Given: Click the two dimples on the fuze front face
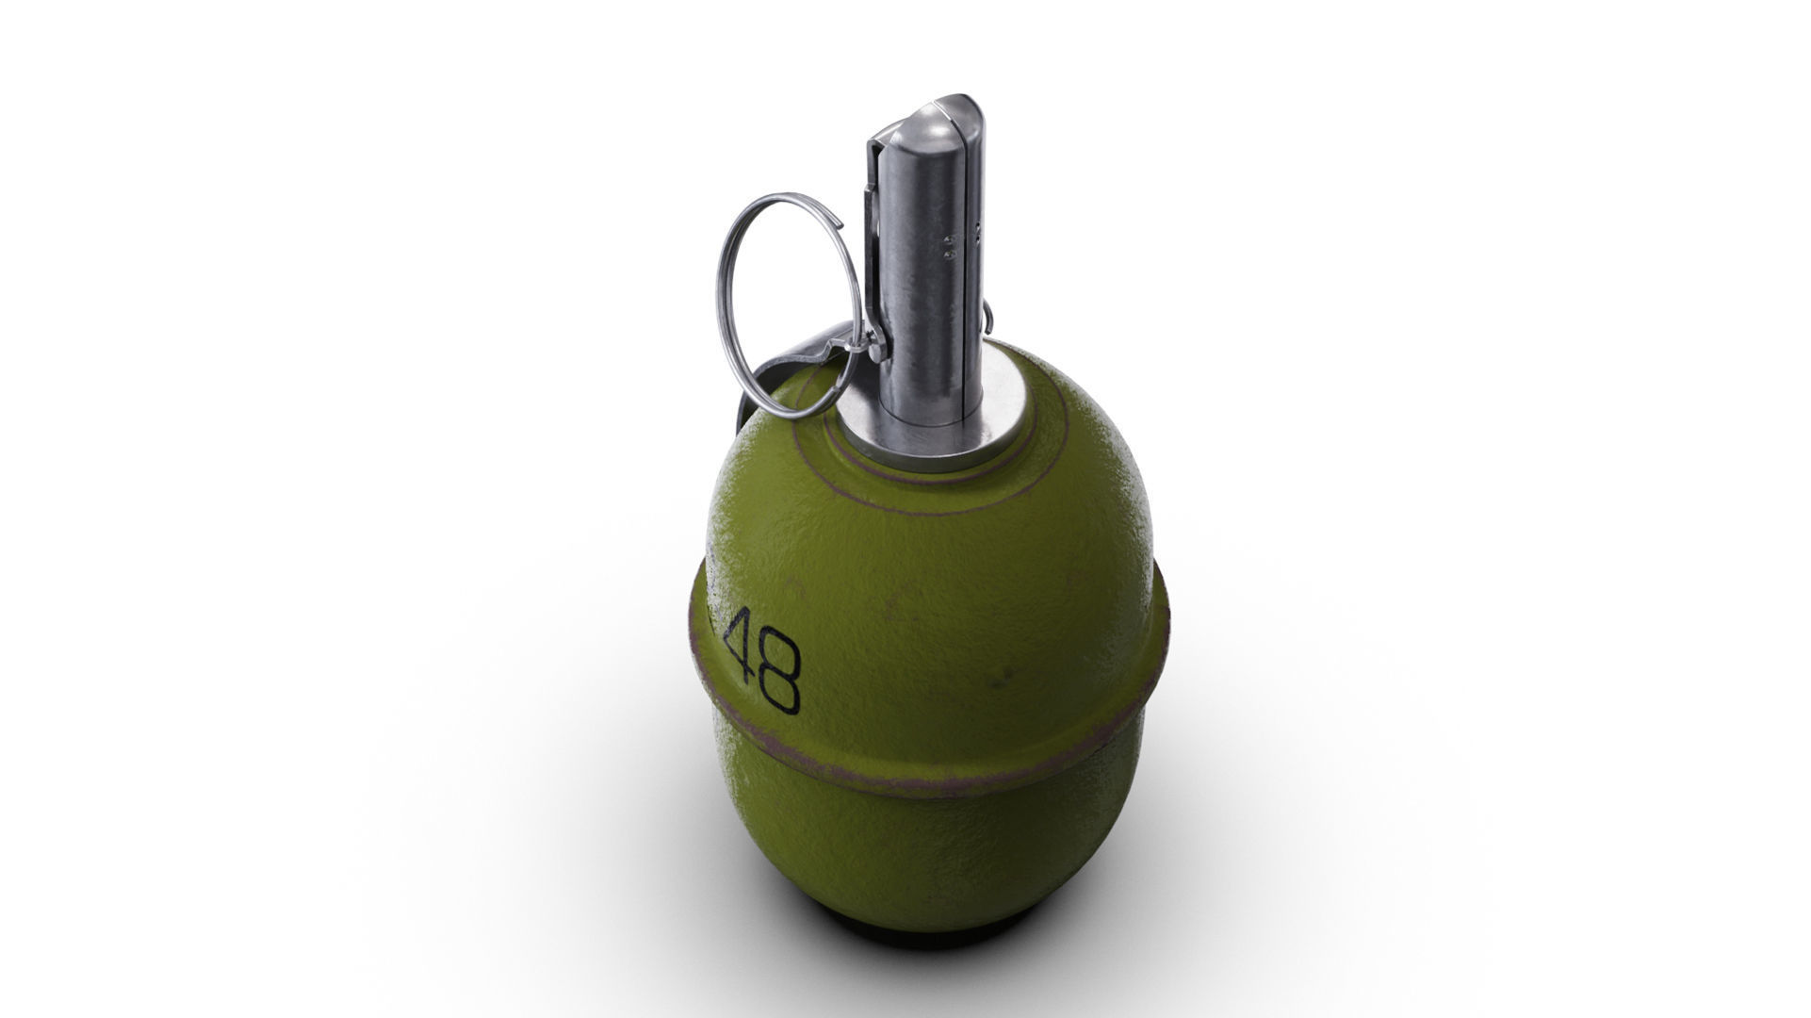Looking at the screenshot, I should [947, 248].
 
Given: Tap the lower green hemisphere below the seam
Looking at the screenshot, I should [933, 848].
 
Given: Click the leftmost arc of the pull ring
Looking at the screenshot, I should [720, 302].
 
